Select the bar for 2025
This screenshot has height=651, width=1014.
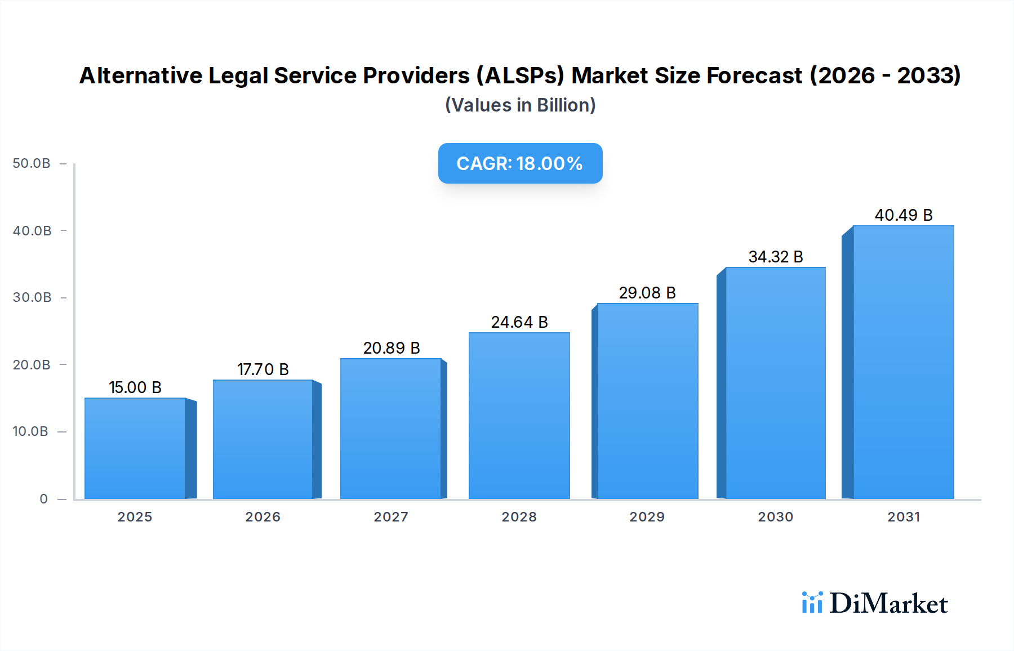point(135,448)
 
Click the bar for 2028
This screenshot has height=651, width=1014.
point(519,416)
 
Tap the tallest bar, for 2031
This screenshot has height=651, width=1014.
point(903,362)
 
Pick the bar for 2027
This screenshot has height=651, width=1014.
point(390,429)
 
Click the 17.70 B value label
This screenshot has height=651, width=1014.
point(263,369)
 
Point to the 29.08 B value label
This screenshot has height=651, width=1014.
point(647,293)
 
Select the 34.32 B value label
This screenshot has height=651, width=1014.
point(776,257)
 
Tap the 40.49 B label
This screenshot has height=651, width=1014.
point(904,215)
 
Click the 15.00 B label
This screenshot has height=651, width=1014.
point(135,387)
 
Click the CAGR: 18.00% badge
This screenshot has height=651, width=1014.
point(520,163)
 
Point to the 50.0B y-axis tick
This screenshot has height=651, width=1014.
point(32,163)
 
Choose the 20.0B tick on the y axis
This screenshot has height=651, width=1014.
point(32,365)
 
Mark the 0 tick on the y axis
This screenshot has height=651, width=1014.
point(43,499)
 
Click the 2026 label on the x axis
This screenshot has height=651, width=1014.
point(263,517)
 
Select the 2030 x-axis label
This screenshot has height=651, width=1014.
point(775,517)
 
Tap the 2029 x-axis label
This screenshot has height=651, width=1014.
point(647,517)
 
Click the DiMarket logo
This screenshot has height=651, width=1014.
point(875,603)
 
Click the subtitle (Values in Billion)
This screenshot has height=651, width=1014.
point(520,105)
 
